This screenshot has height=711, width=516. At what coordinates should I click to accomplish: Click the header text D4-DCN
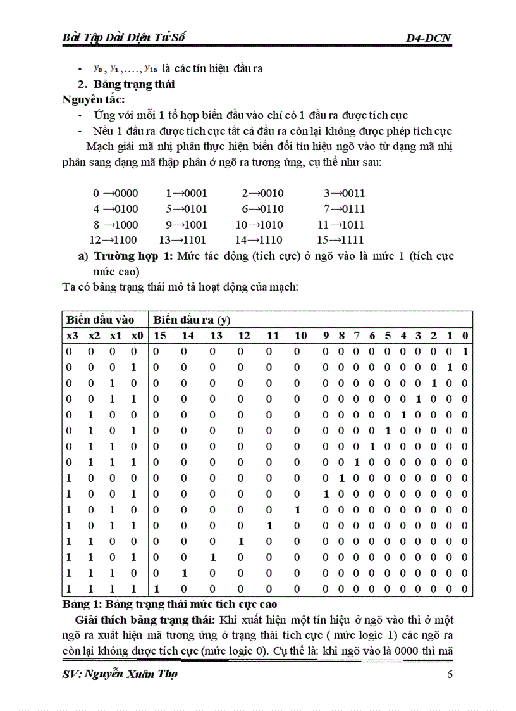tap(429, 39)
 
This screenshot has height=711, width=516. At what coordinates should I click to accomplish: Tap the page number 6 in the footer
tap(450, 674)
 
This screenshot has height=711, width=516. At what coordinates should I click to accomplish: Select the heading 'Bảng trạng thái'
tap(134, 84)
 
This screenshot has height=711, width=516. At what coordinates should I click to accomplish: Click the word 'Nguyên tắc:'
tap(94, 99)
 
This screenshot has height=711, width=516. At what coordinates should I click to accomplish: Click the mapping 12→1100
tap(113, 240)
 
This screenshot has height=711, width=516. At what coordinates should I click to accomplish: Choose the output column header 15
tap(160, 336)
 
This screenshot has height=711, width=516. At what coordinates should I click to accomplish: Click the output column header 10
tap(300, 336)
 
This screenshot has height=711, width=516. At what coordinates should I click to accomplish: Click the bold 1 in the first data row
tap(465, 351)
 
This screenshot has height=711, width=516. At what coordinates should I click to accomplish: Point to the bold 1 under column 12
tap(240, 541)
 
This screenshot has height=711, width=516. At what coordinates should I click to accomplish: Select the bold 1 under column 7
tap(357, 462)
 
